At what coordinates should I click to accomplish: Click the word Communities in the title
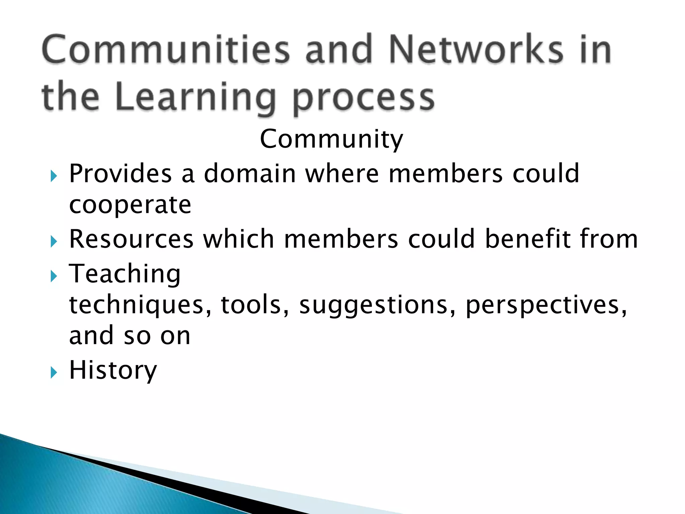tap(166, 50)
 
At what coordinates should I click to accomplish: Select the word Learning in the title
tap(196, 98)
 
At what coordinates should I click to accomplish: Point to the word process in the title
tap(363, 98)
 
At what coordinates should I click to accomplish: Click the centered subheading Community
tap(331, 139)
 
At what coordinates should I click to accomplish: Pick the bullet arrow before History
tap(54, 372)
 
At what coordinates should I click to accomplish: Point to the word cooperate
tap(130, 205)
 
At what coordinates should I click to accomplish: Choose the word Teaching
tap(125, 274)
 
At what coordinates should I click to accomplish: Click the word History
tap(113, 370)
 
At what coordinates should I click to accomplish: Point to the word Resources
tap(131, 239)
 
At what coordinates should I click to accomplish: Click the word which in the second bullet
tap(238, 239)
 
